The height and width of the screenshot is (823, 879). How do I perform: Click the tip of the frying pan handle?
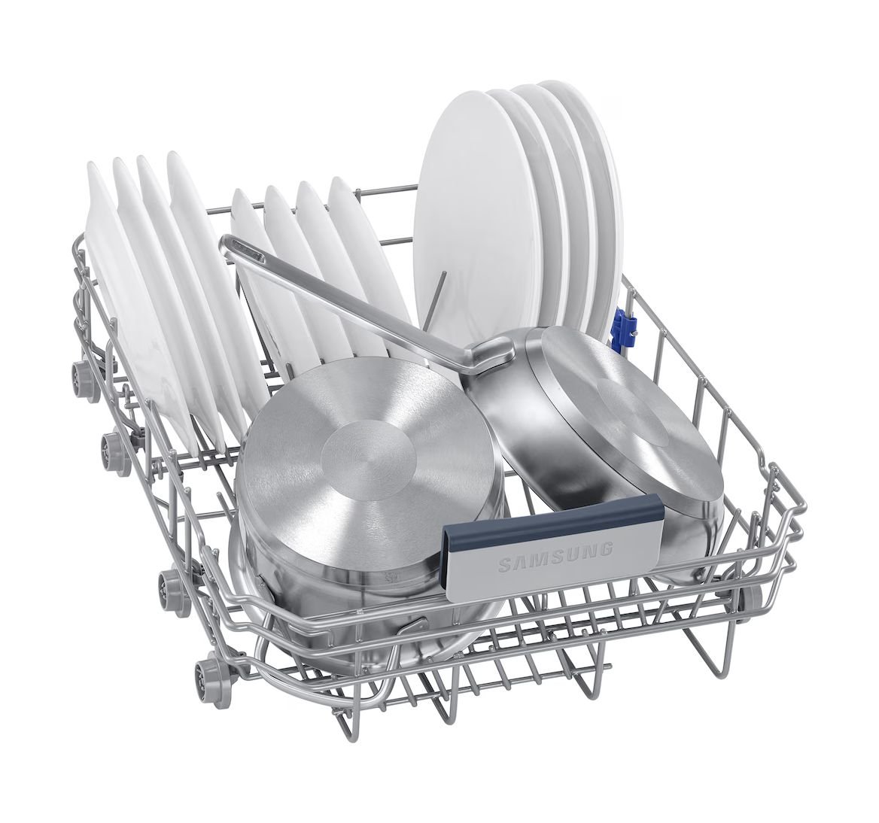click(232, 244)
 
